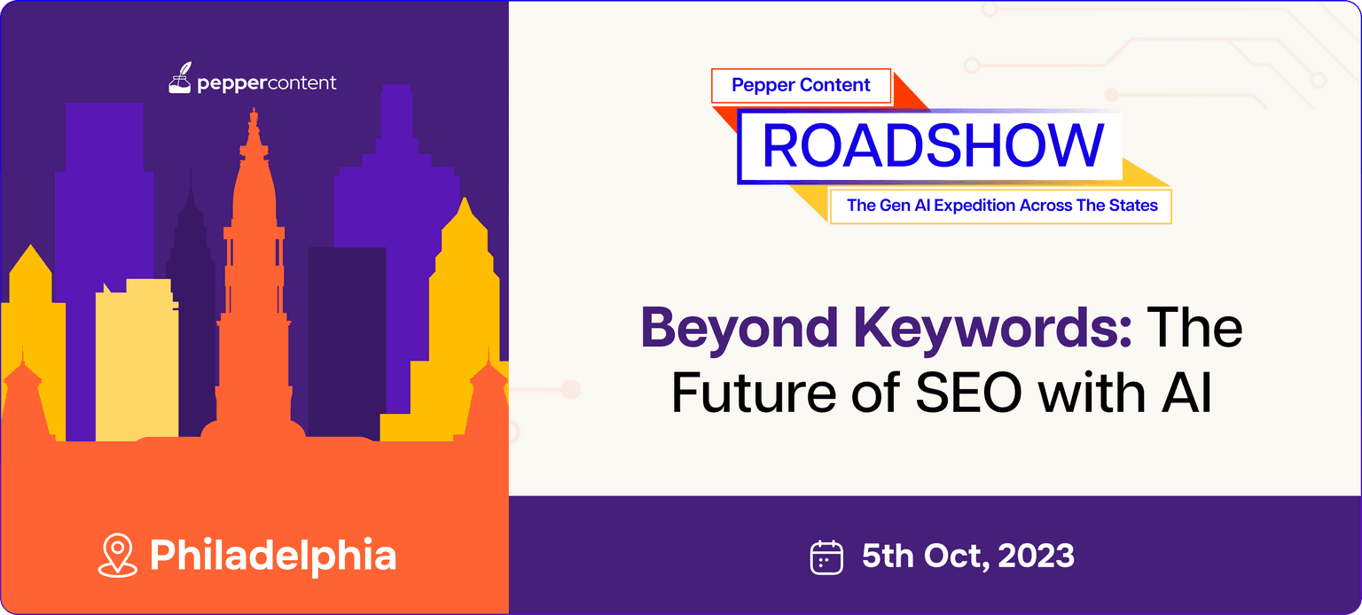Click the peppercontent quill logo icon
point(180,78)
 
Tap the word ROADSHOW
point(933,145)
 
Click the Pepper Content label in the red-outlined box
point(801,85)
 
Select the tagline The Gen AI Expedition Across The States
point(1002,206)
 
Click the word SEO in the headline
point(968,393)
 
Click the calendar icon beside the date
point(826,557)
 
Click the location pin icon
point(117,555)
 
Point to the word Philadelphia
point(273,556)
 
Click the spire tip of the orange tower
point(254,108)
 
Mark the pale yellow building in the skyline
point(137,359)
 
